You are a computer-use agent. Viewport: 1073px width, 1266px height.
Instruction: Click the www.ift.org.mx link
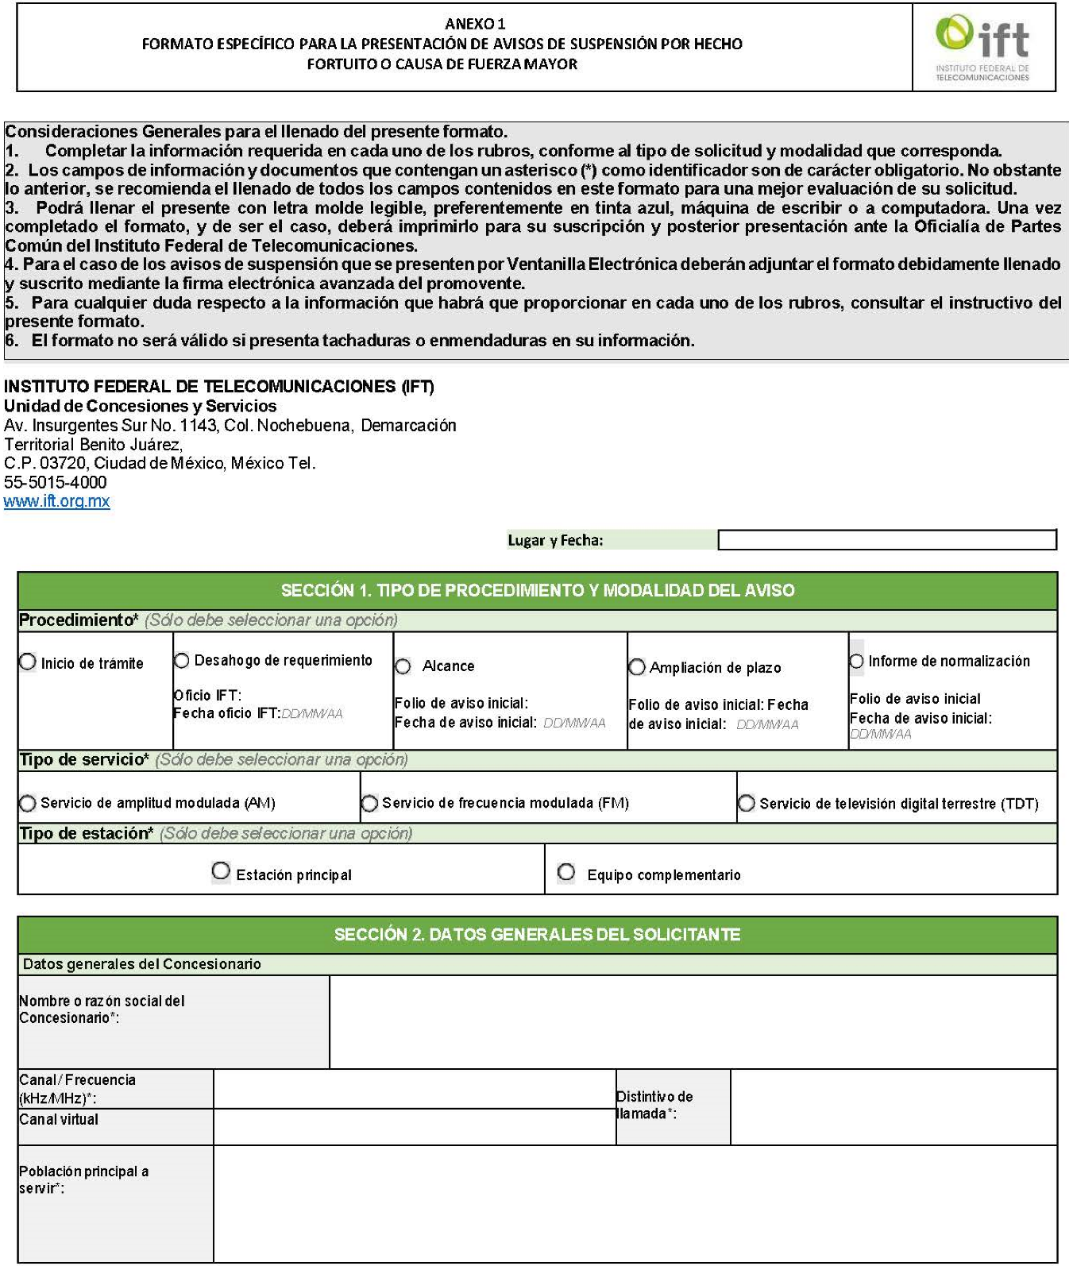56,501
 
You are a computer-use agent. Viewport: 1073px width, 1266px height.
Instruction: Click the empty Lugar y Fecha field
886,540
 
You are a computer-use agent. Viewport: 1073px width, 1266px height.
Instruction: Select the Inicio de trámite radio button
28,662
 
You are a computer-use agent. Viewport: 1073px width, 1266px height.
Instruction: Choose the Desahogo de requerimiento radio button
182,660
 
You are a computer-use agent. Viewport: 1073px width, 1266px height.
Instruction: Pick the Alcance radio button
403,666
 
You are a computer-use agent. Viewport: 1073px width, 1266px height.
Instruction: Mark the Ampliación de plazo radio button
637,667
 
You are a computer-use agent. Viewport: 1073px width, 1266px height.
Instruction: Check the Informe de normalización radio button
856,661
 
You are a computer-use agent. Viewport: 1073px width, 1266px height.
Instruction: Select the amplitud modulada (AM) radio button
28,803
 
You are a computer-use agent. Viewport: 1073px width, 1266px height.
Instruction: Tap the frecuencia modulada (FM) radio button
369,803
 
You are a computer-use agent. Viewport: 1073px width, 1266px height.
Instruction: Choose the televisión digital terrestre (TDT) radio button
747,803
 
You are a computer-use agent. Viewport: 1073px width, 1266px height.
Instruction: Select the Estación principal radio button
221,872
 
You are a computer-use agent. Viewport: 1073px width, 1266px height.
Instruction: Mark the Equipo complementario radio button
566,872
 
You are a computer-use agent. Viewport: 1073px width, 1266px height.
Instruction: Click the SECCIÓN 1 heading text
537,590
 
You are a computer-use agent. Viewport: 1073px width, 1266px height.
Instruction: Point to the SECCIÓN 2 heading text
537,934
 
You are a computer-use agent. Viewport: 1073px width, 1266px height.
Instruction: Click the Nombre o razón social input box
693,1021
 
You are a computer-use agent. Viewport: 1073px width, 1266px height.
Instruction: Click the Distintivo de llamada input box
893,1106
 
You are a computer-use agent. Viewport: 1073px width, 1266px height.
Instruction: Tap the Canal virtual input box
414,1126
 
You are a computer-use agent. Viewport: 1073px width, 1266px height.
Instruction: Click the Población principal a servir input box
635,1202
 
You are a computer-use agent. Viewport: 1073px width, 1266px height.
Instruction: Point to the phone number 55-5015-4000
55,482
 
